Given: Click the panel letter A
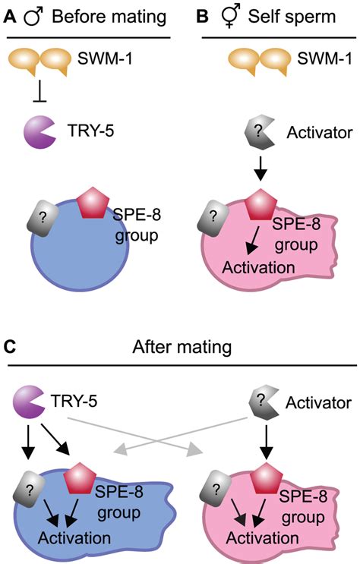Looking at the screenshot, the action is [x=10, y=17].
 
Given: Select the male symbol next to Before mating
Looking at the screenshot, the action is [x=33, y=17].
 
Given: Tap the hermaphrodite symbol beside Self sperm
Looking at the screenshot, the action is [x=229, y=17].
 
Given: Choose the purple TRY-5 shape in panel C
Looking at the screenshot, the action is [x=28, y=402].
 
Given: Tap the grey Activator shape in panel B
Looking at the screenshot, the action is [x=259, y=133].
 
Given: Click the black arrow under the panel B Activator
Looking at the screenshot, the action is [x=261, y=169].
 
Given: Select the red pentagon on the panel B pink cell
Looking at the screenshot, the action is [x=261, y=205].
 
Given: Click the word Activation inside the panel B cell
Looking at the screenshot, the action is [x=258, y=268].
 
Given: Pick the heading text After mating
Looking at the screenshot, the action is [x=182, y=347].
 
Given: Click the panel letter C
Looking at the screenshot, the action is [x=10, y=347].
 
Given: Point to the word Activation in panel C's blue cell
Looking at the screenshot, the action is [x=74, y=538].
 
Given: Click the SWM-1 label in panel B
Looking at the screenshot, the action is [x=324, y=58].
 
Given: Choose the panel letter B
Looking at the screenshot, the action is [x=204, y=17].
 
